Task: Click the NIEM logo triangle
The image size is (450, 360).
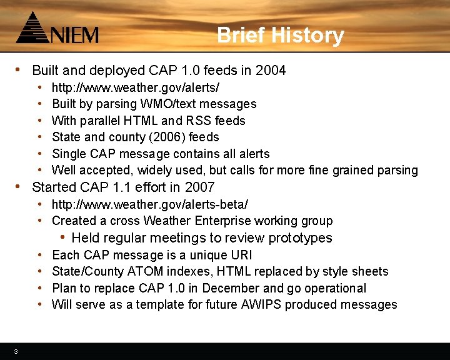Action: tap(31, 28)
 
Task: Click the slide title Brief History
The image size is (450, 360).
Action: tap(280, 35)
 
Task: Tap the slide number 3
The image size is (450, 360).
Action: tap(16, 351)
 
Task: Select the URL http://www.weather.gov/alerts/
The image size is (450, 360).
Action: tap(135, 87)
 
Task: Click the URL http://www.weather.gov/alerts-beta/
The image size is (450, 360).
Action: tap(149, 204)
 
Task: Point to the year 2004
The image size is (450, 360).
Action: tap(271, 71)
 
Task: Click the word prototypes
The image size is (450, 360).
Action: tap(300, 238)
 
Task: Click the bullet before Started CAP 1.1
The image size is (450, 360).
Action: tap(19, 187)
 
